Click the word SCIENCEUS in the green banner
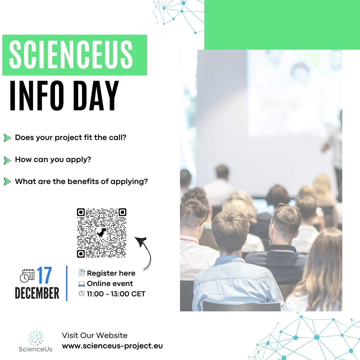click(71, 55)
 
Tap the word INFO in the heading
click(37, 96)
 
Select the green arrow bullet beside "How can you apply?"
click(7, 160)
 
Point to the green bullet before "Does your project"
click(7, 138)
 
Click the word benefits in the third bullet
click(83, 181)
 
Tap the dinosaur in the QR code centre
click(102, 233)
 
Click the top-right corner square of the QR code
click(122, 212)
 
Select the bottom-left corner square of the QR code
click(81, 254)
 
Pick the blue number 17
click(44, 275)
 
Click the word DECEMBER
click(37, 293)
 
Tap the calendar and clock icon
click(27, 276)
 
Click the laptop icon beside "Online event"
click(82, 284)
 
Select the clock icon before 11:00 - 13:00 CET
click(82, 293)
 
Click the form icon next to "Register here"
click(82, 273)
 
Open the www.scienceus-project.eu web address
click(112, 346)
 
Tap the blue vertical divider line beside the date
click(67, 283)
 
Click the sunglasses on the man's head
click(281, 206)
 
